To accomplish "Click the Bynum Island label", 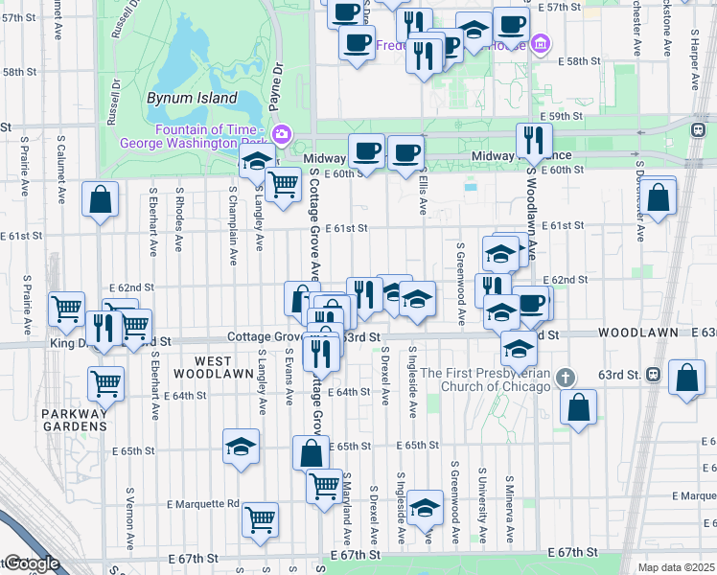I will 192,98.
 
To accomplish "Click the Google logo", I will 31,564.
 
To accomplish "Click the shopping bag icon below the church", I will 580,405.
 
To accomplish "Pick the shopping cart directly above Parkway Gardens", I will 105,382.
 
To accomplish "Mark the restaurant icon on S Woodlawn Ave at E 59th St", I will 534,140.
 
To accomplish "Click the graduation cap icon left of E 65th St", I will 241,445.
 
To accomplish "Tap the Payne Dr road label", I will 278,76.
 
